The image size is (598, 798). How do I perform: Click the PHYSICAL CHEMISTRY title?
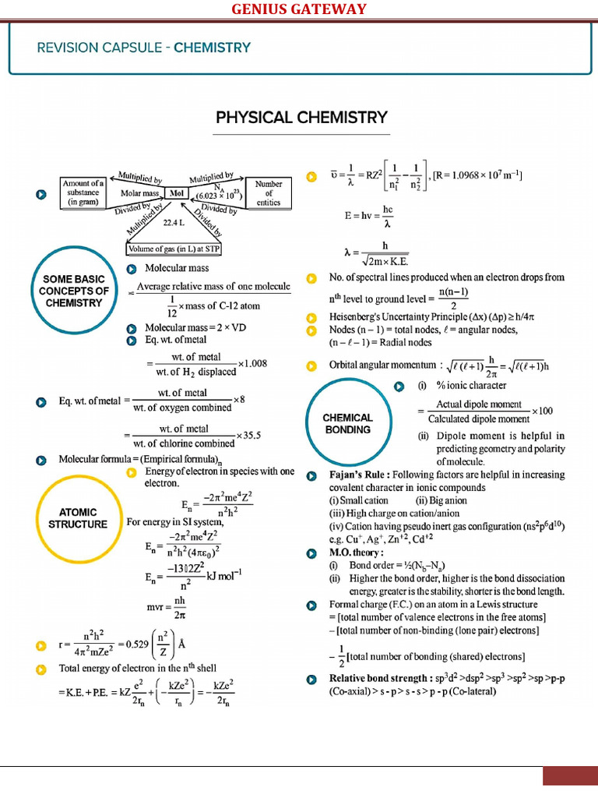click(x=301, y=118)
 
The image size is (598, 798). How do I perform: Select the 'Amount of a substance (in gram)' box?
click(x=83, y=192)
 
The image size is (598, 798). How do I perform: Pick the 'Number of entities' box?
click(x=269, y=192)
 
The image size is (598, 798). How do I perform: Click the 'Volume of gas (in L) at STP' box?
click(x=174, y=249)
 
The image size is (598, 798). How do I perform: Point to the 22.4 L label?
click(x=173, y=223)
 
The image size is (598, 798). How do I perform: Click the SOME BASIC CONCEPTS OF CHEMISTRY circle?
click(x=74, y=291)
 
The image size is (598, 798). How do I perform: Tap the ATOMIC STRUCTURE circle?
click(x=78, y=518)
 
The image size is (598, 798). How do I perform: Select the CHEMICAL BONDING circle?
click(x=348, y=423)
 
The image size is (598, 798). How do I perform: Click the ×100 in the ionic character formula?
click(x=542, y=411)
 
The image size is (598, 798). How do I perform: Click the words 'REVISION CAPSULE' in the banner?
click(x=103, y=48)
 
